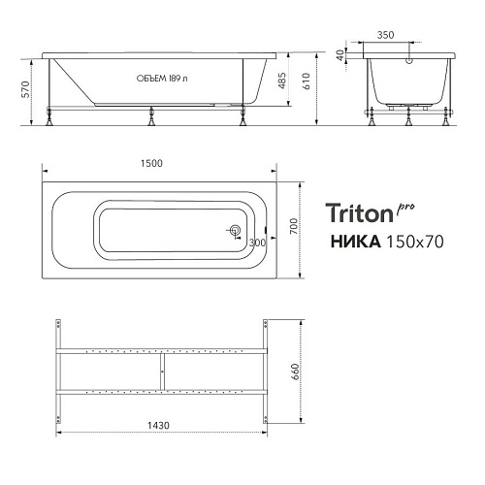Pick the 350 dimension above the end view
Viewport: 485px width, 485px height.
(410, 33)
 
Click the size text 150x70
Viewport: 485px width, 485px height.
(416, 242)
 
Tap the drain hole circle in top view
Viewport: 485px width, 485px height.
(234, 231)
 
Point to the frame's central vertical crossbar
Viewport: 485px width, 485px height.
(161, 371)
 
